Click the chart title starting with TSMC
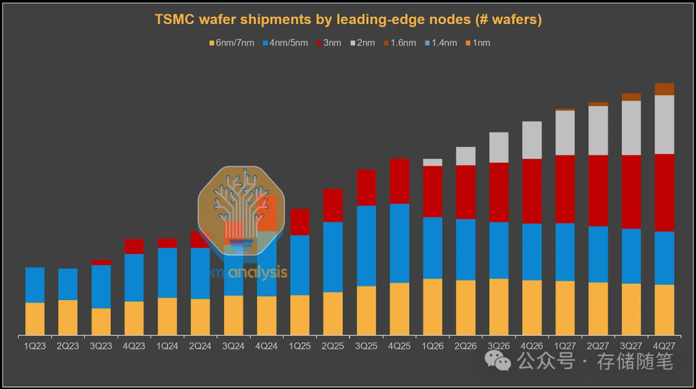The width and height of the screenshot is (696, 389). (x=348, y=20)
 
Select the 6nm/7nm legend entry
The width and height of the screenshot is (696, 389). (x=231, y=43)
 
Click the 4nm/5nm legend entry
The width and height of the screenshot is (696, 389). (x=285, y=43)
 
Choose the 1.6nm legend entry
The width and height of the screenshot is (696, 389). (x=399, y=43)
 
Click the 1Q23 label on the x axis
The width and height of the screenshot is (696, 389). (x=35, y=346)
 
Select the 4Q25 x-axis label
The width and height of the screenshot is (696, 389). (x=399, y=346)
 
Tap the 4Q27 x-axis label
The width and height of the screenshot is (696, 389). (x=664, y=346)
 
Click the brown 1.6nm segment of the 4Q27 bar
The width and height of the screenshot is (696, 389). (x=664, y=89)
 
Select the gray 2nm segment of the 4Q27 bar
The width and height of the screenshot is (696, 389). (x=664, y=125)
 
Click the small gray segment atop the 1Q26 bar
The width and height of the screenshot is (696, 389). (x=432, y=163)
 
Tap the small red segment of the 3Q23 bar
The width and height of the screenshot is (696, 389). (x=101, y=263)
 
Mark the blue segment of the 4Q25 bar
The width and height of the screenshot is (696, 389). (x=400, y=243)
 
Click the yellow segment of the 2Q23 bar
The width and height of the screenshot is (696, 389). (x=68, y=317)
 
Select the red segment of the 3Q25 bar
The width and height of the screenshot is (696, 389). (x=366, y=188)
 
